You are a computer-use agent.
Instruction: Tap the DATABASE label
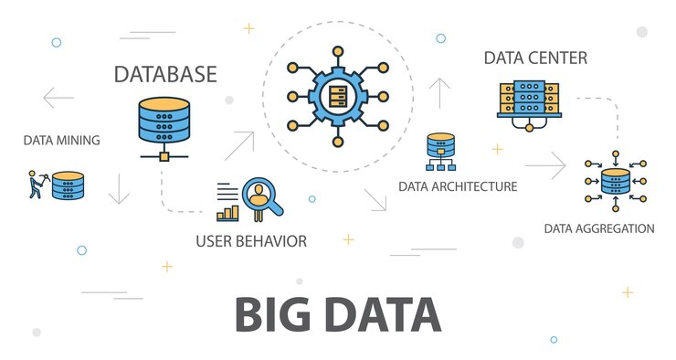coord(165,74)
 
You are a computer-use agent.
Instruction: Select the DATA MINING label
coord(61,141)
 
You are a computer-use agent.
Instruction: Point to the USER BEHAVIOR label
coord(251,241)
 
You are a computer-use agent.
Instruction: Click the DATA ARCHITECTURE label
coord(458,186)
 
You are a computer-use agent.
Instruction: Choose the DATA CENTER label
coord(535,58)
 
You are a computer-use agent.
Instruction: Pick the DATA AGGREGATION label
coord(599,228)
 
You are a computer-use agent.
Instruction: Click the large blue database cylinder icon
coord(164,119)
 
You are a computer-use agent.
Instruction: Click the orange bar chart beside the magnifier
coord(227,212)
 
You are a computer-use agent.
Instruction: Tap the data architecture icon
coord(440,151)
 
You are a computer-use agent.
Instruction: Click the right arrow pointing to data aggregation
coord(545,165)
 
